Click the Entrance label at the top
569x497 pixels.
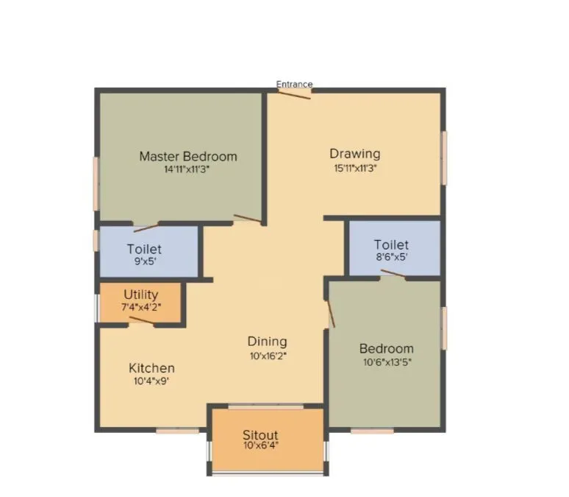(294, 84)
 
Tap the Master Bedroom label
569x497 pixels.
(188, 156)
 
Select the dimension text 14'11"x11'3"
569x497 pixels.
(188, 169)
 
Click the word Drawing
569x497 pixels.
(355, 154)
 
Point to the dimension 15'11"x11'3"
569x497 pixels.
(355, 167)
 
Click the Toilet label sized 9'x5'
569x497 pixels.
(144, 250)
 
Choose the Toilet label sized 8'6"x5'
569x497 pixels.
(391, 244)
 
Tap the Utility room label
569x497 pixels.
(140, 295)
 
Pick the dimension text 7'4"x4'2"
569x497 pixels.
(140, 307)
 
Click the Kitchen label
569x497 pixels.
(152, 368)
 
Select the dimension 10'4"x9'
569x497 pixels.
(152, 381)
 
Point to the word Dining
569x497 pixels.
(267, 342)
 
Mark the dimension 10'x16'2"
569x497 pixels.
(267, 355)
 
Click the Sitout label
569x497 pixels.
(261, 436)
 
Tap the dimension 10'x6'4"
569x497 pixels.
(261, 446)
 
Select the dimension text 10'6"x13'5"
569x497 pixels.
(387, 362)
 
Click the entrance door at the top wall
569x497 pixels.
(295, 94)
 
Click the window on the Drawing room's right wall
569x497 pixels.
(443, 158)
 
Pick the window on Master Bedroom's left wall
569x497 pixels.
(96, 183)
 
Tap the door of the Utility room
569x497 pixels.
(141, 320)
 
